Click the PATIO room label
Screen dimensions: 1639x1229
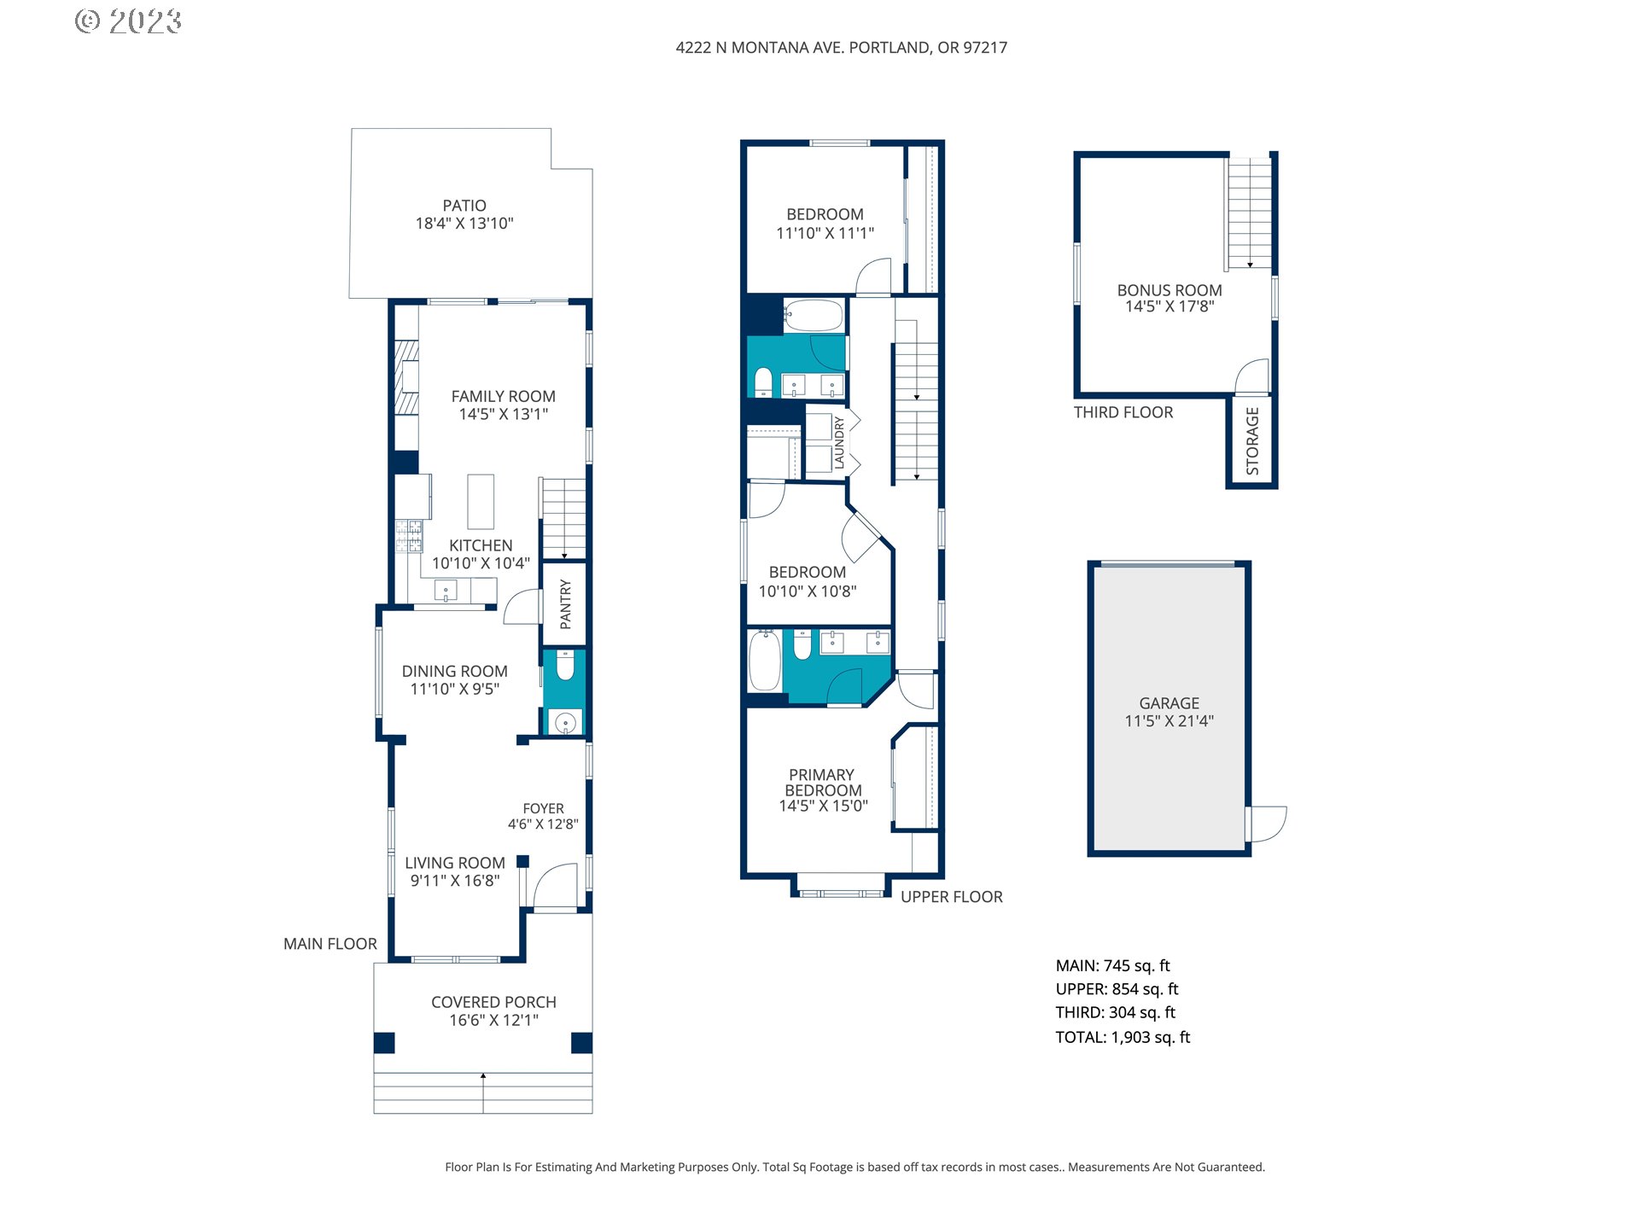point(464,206)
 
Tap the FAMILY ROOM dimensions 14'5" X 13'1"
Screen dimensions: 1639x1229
point(504,414)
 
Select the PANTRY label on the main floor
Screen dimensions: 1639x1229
point(565,604)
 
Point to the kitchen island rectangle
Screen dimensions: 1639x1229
point(481,502)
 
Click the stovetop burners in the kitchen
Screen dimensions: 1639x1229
point(409,535)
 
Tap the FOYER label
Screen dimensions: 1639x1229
point(544,808)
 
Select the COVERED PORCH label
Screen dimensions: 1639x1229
point(493,1002)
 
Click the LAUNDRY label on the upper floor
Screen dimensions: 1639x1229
point(839,443)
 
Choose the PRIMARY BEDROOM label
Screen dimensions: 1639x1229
point(823,783)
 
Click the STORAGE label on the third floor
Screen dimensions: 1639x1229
point(1252,441)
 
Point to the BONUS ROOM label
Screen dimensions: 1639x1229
point(1169,290)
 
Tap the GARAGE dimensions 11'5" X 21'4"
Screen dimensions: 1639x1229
point(1169,721)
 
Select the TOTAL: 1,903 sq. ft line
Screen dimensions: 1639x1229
point(1123,1037)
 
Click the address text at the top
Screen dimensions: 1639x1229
point(842,48)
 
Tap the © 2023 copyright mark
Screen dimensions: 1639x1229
point(129,21)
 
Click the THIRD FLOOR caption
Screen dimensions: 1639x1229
point(1123,412)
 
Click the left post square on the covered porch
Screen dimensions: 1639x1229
point(384,1043)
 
